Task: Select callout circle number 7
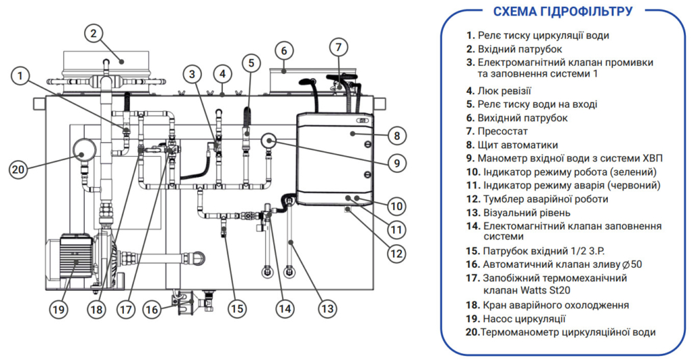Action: (x=340, y=47)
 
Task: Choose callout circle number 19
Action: (x=59, y=309)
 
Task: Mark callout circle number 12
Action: (x=397, y=254)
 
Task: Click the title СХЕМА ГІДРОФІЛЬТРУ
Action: (x=563, y=11)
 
